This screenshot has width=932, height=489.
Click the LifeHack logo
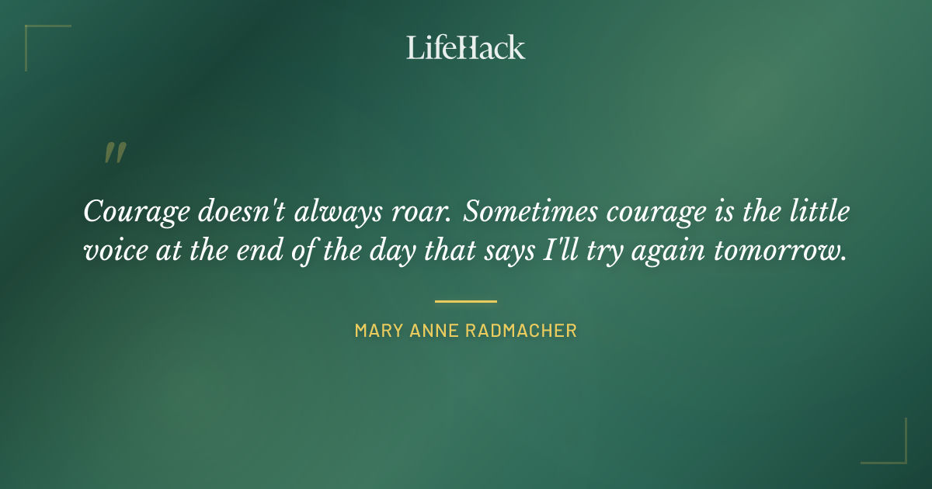[x=466, y=47]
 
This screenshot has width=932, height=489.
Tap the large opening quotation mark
[x=114, y=153]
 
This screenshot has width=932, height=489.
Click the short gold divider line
[x=466, y=301]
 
